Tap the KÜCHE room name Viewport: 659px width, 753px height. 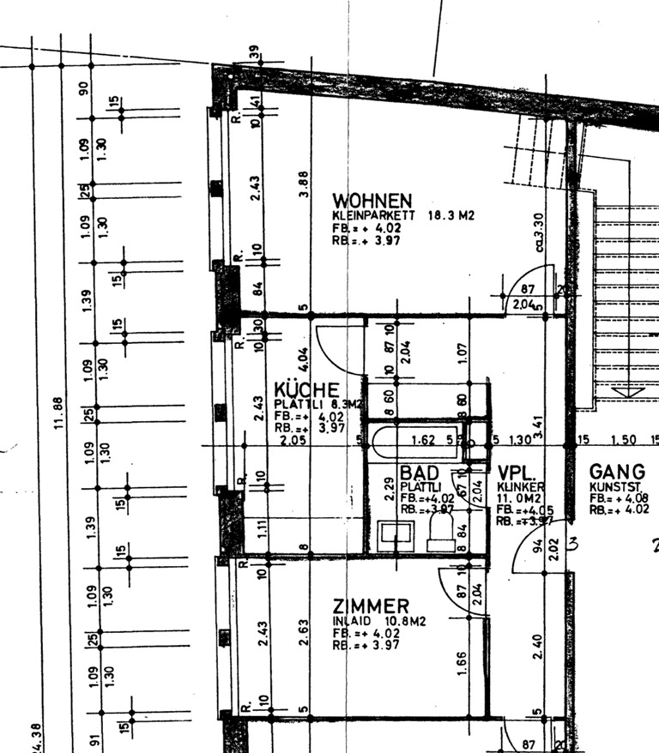tap(306, 390)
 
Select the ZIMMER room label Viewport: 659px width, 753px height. tap(372, 607)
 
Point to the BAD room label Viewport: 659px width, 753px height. tap(419, 473)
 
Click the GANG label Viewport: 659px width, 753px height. tap(617, 472)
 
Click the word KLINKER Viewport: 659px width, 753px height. tap(520, 487)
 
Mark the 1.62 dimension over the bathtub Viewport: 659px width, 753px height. tap(424, 440)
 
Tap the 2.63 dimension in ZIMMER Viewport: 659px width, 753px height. tap(303, 630)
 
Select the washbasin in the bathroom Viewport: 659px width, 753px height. tap(396, 535)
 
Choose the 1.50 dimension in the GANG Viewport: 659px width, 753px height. tap(623, 440)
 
